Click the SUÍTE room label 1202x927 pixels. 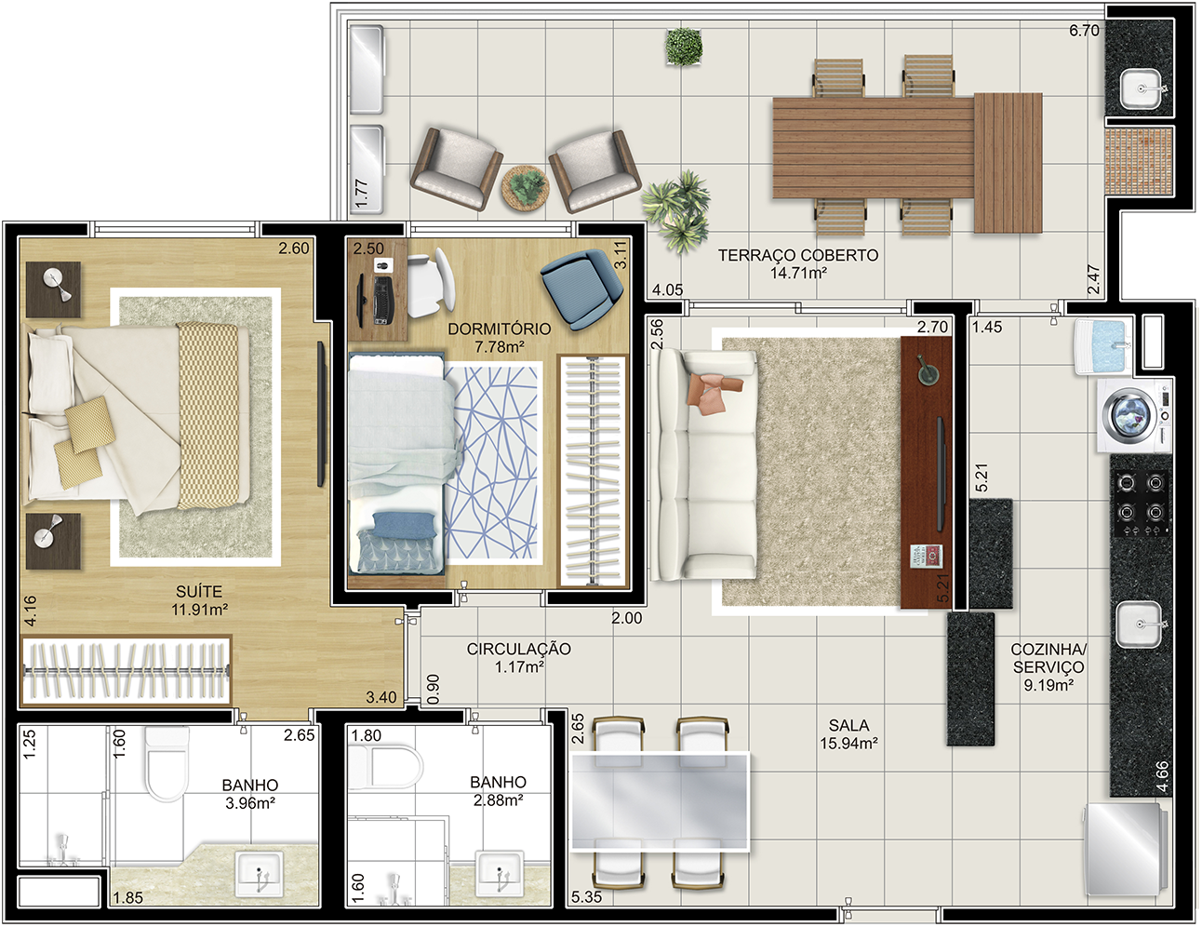tap(198, 591)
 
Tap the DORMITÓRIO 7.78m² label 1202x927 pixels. tap(499, 338)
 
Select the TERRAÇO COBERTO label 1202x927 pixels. tap(798, 256)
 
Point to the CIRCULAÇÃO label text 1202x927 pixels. tap(518, 649)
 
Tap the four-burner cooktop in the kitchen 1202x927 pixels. tap(1141, 504)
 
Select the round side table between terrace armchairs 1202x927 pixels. tap(525, 187)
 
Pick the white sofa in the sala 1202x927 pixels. tap(703, 464)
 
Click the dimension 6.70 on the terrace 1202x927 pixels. tap(1084, 31)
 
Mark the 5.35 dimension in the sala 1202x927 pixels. tap(586, 897)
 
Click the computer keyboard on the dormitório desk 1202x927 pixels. tap(382, 301)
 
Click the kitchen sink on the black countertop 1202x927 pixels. tap(1139, 625)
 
